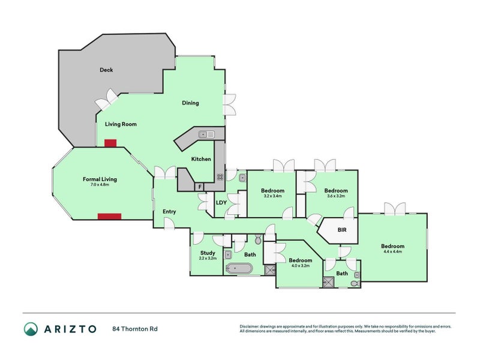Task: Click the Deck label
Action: (106, 70)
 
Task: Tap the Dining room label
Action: (191, 103)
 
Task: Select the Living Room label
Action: (121, 125)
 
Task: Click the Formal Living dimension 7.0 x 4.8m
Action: (100, 184)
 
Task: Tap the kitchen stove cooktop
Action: (220, 176)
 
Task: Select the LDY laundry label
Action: (221, 202)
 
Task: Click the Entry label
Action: (169, 211)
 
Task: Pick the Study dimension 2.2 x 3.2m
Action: (208, 258)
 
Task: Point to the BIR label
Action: (342, 230)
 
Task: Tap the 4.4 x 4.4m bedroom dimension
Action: (392, 251)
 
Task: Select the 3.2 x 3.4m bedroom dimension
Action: (272, 196)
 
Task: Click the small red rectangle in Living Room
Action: (110, 143)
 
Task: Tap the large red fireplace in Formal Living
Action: (110, 217)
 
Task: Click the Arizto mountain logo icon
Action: (31, 329)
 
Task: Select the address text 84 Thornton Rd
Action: (135, 329)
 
